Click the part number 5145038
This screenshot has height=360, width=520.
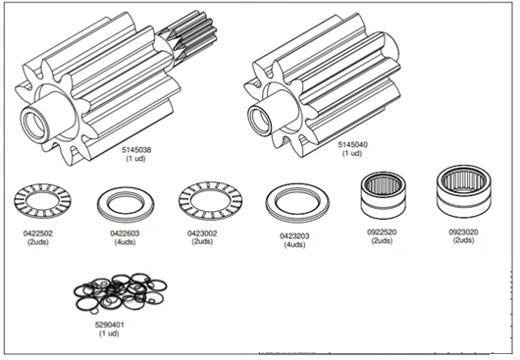coord(136,150)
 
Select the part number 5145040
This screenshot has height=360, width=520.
coord(353,144)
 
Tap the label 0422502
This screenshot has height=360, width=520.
coord(38,233)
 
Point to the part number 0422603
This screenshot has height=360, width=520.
coord(125,233)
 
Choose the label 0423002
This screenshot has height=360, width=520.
coord(202,233)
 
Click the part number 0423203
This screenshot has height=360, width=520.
coord(294,236)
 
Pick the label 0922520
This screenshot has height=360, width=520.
coord(382,232)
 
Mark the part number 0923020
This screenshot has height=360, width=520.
coord(464,232)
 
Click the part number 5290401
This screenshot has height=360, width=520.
coord(110,325)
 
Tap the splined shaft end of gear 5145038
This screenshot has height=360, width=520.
coord(189,34)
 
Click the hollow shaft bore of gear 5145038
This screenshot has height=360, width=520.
coord(33,126)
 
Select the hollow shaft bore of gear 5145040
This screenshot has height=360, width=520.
coord(260,120)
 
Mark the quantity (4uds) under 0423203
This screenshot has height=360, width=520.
coord(294,244)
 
